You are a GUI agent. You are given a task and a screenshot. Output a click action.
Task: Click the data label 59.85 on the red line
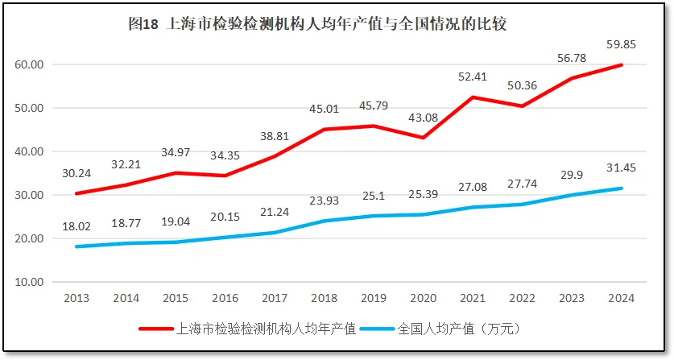point(622,45)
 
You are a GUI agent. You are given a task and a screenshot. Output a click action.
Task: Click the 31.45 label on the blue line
point(622,168)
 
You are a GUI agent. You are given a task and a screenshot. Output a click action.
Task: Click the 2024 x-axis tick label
point(622,298)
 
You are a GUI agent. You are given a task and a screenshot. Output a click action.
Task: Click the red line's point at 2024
point(622,65)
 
